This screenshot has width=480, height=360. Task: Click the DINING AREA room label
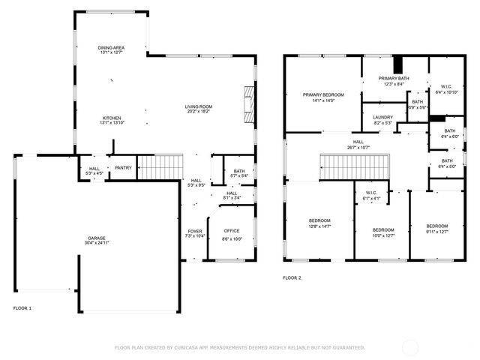pos(111,47)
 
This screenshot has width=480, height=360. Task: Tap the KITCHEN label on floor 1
pos(111,118)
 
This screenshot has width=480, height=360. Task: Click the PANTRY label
pos(123,168)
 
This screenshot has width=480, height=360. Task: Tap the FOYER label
pos(194,231)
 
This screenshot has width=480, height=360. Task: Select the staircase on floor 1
pos(161,166)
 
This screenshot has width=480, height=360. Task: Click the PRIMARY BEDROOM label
pos(323,94)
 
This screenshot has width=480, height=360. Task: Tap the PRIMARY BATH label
pos(393,78)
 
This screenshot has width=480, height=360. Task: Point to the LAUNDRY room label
pos(383,117)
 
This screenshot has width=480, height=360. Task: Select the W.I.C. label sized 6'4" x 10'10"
pos(446,88)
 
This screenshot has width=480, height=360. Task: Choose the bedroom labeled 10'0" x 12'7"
pos(383,235)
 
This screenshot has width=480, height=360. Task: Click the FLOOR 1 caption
pos(22,308)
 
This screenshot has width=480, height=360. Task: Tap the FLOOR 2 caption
pos(292,277)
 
